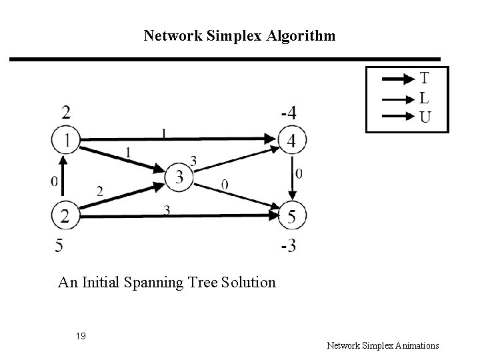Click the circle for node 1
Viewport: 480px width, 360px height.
[64, 140]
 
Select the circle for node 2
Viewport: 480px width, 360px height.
[64, 215]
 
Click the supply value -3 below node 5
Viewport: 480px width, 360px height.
[288, 246]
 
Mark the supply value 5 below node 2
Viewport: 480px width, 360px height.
[60, 246]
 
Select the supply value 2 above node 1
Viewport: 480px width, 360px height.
[66, 111]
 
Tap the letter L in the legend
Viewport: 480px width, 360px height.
[424, 98]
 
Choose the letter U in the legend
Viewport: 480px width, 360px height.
[425, 118]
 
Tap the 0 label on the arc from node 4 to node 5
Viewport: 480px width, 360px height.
[299, 174]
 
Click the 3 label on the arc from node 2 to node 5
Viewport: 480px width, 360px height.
[167, 210]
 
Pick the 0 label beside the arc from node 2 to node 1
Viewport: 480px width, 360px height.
[55, 181]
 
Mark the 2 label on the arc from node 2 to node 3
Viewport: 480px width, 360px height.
[100, 191]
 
